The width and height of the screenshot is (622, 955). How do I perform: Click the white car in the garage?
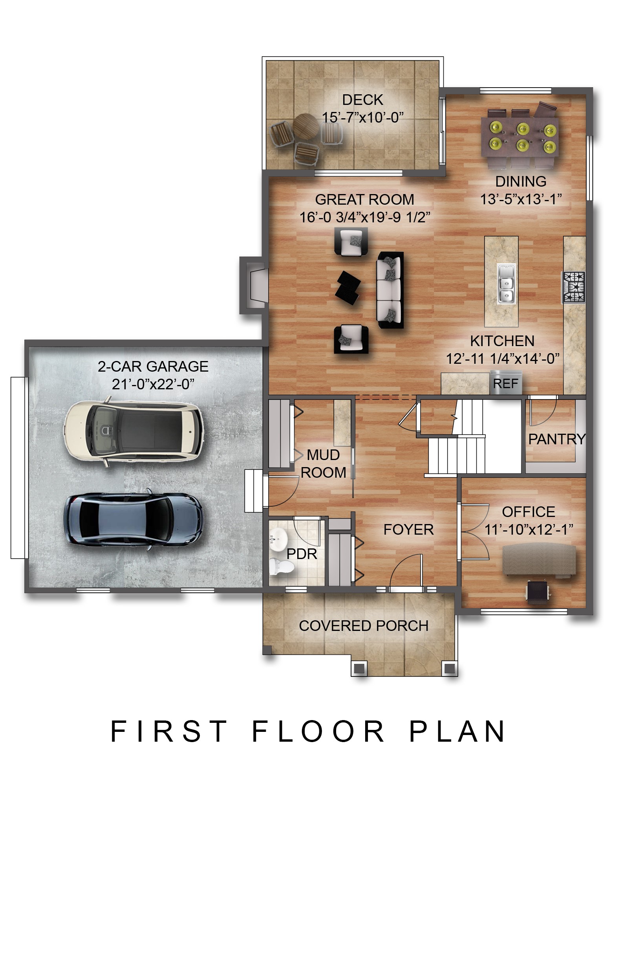[134, 431]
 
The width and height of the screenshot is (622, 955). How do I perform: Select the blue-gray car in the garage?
[134, 519]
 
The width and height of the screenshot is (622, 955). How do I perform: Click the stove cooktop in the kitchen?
[573, 287]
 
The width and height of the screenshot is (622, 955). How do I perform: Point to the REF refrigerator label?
[505, 383]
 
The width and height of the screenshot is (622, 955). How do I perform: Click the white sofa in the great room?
[389, 290]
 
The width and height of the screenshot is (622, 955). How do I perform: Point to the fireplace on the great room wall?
[253, 285]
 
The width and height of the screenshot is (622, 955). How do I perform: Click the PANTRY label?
[556, 439]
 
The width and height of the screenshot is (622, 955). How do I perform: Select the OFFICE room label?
[528, 512]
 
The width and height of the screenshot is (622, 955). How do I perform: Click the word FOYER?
[408, 530]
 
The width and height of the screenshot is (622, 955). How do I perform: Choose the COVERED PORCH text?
[363, 625]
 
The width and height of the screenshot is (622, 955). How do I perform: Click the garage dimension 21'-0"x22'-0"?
[153, 384]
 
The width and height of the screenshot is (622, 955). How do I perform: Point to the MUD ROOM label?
[323, 464]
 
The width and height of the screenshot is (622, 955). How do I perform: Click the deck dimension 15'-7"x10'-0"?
[362, 117]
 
